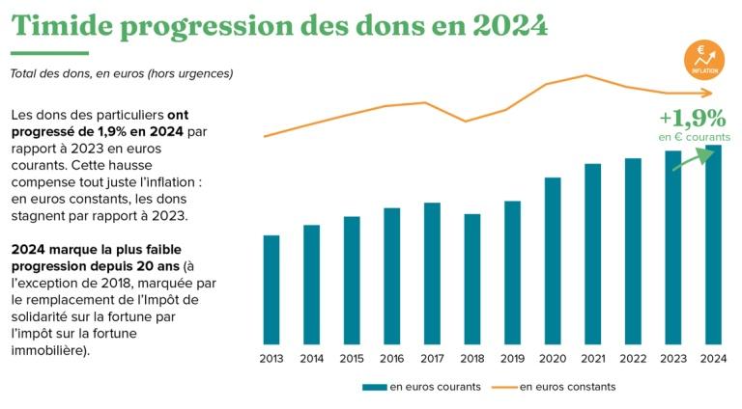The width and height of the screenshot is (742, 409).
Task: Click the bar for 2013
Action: point(271,289)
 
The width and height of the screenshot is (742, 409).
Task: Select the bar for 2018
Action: point(472,279)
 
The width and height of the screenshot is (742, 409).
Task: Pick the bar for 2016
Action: point(392,276)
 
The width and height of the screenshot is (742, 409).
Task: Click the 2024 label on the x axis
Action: point(713,359)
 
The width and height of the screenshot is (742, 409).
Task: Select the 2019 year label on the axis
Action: point(512,359)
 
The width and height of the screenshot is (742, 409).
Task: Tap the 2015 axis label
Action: point(352,359)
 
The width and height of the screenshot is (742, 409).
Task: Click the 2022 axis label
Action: point(633,359)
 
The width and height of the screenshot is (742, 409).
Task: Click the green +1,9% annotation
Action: point(692,119)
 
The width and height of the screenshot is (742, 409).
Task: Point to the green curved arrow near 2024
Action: point(691,159)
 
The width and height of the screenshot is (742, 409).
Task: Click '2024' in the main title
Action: point(510,26)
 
